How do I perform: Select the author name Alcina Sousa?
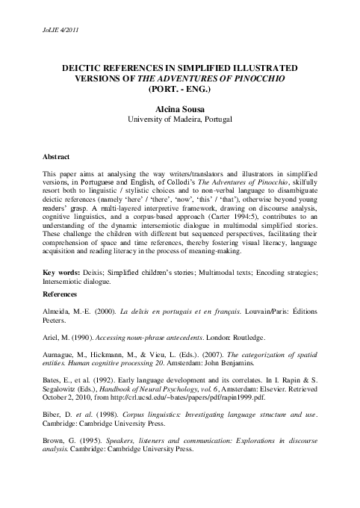click(179, 108)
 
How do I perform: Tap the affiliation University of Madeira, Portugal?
click(179, 119)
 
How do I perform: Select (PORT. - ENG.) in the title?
click(179, 88)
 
